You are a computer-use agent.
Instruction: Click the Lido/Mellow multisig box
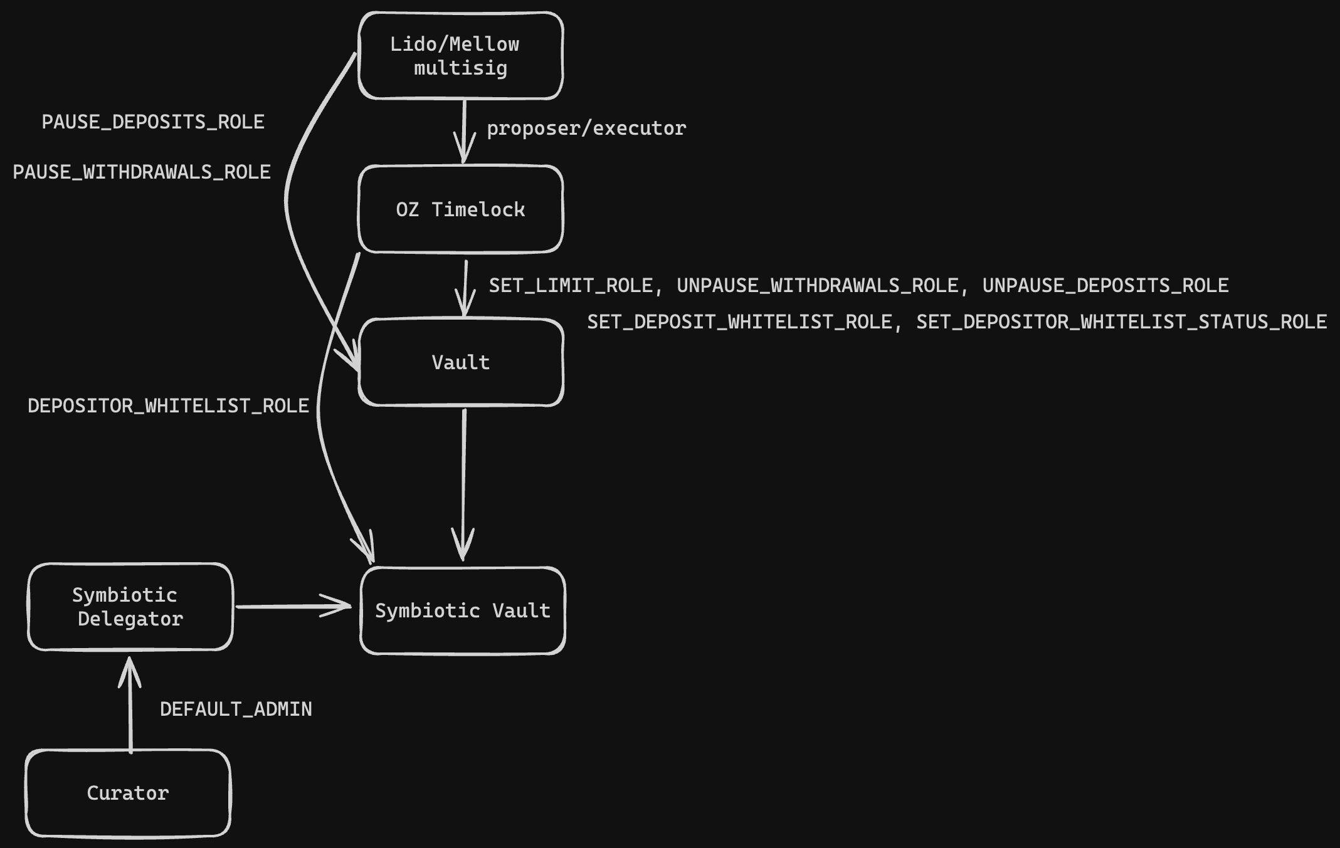[460, 56]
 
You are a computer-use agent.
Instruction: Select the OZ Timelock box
[460, 209]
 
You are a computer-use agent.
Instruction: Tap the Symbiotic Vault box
[463, 610]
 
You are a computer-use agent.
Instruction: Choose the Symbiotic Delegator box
[130, 607]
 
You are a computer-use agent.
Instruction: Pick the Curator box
[128, 793]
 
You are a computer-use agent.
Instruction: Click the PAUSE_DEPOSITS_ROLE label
[153, 122]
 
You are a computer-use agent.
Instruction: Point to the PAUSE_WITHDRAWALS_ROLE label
[142, 172]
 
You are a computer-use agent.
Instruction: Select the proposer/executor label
[586, 128]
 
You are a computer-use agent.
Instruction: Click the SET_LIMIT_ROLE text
[571, 286]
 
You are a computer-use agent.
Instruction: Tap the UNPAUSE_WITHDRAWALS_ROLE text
[818, 286]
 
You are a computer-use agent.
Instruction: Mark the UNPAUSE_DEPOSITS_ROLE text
[1105, 286]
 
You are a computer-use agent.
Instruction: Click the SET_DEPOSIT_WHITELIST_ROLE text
[739, 322]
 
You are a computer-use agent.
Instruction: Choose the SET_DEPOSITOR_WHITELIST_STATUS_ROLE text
[1121, 322]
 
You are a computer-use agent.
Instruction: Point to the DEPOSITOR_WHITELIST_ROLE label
[168, 406]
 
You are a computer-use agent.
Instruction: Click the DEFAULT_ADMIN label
[236, 709]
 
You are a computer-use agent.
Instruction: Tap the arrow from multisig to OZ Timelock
[464, 132]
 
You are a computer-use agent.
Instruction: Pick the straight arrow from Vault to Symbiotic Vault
[463, 483]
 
